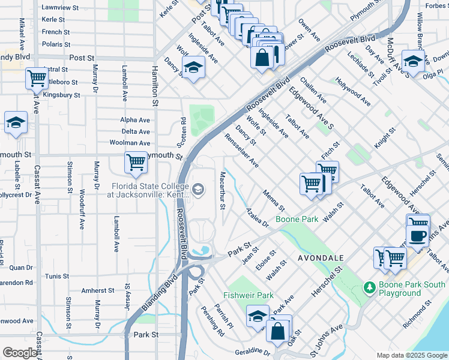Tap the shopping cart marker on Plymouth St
click(136, 161)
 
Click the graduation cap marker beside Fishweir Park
click(257, 316)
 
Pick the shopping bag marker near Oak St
click(279, 330)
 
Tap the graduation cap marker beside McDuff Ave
click(413, 61)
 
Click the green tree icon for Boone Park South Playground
click(370, 288)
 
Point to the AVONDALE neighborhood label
click(321, 257)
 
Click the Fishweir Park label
click(249, 295)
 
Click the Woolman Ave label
click(130, 143)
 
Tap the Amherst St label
click(98, 290)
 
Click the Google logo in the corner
click(20, 353)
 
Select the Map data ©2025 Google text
click(411, 355)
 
